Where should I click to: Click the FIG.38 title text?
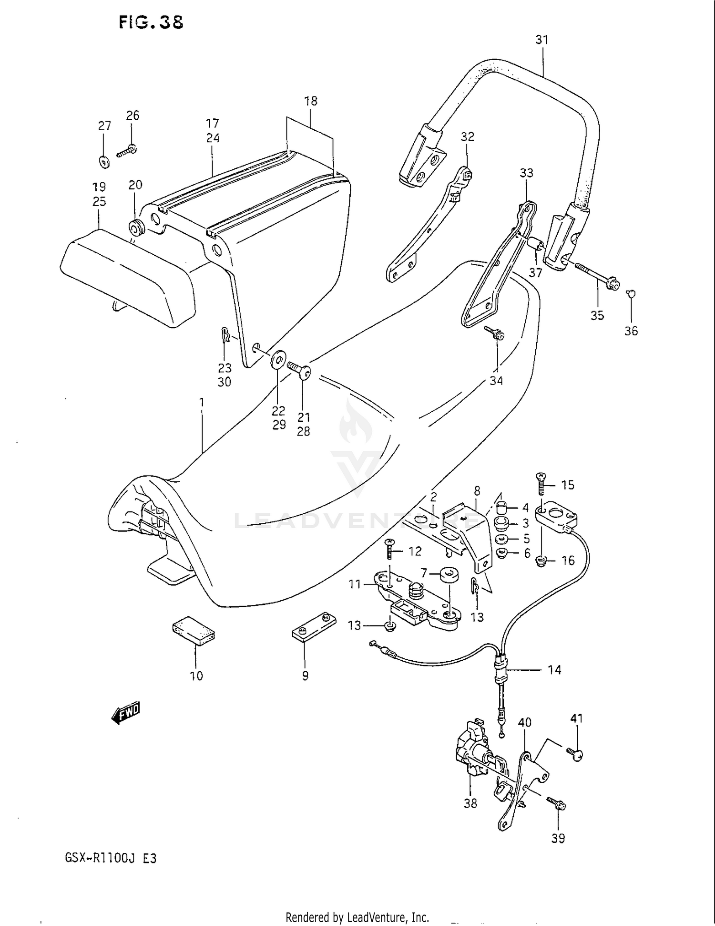pos(151,22)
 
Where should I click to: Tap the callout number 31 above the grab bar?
pos(542,40)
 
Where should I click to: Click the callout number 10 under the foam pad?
pos(196,676)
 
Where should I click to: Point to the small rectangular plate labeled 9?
pos(314,626)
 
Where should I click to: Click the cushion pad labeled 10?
pos(194,630)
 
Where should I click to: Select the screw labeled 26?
pos(127,151)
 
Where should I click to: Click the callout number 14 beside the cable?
pos(554,670)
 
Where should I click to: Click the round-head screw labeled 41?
pos(575,754)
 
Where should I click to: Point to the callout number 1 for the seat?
pos(202,403)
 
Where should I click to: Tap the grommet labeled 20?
pos(136,227)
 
